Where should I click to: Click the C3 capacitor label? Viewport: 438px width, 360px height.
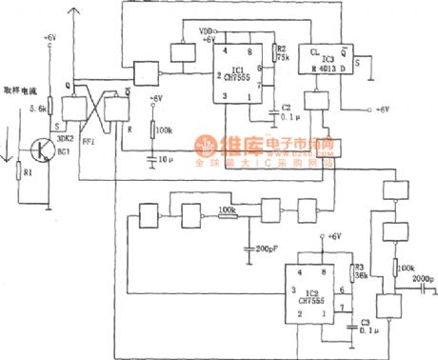(x=366, y=327)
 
